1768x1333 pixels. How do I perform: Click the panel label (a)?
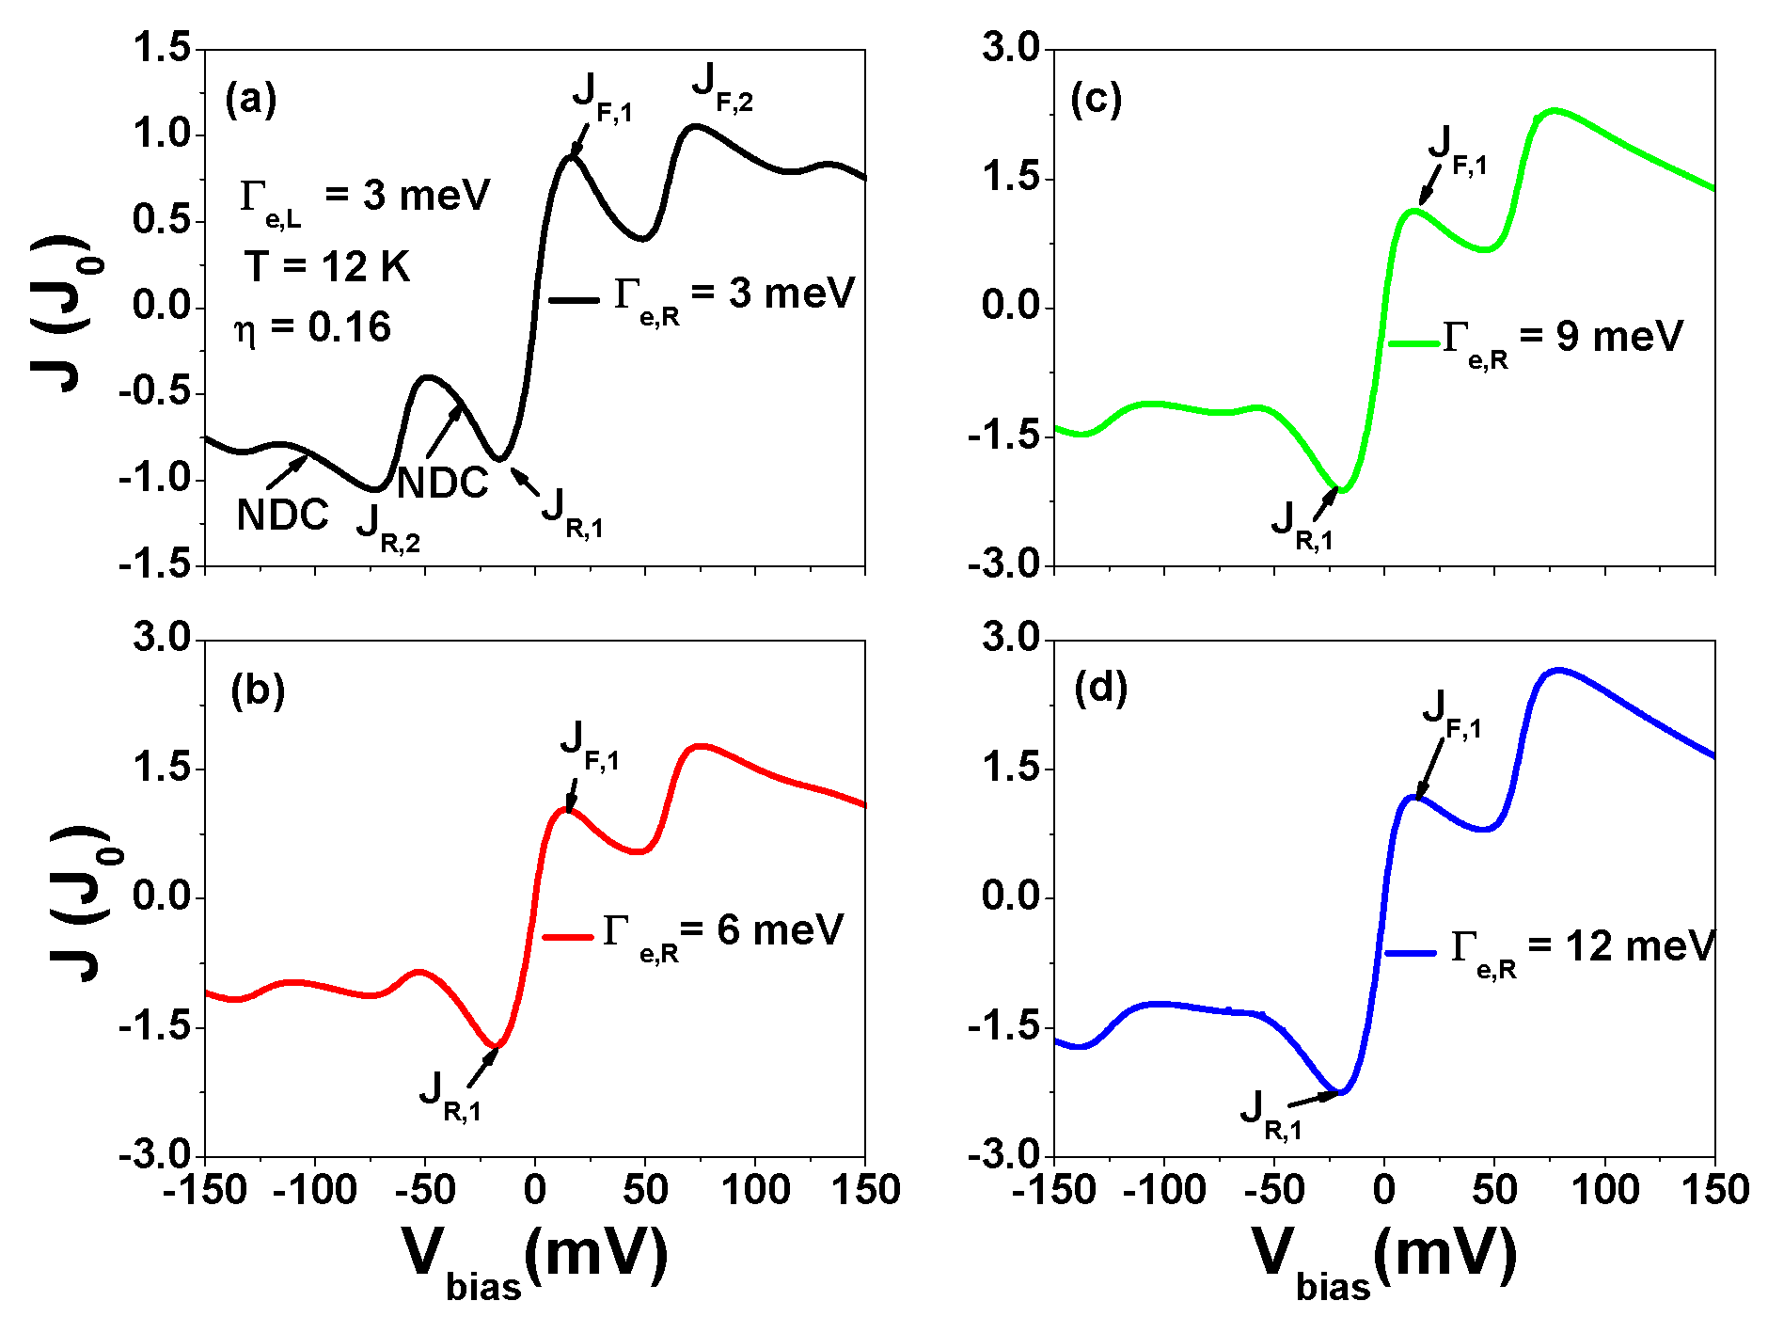tap(250, 100)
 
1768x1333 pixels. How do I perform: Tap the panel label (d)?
tap(1100, 689)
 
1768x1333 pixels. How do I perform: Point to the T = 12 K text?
tap(327, 266)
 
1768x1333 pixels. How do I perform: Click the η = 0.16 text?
tap(312, 327)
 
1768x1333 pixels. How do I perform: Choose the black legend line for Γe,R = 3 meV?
tap(574, 300)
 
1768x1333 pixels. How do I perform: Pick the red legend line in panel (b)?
tap(568, 937)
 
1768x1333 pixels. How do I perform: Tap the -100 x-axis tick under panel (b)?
tap(314, 1191)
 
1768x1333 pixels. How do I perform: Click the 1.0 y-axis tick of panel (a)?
tap(163, 135)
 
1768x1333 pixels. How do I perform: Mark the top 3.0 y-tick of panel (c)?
tap(1010, 49)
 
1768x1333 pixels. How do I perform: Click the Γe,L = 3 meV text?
tap(365, 198)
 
